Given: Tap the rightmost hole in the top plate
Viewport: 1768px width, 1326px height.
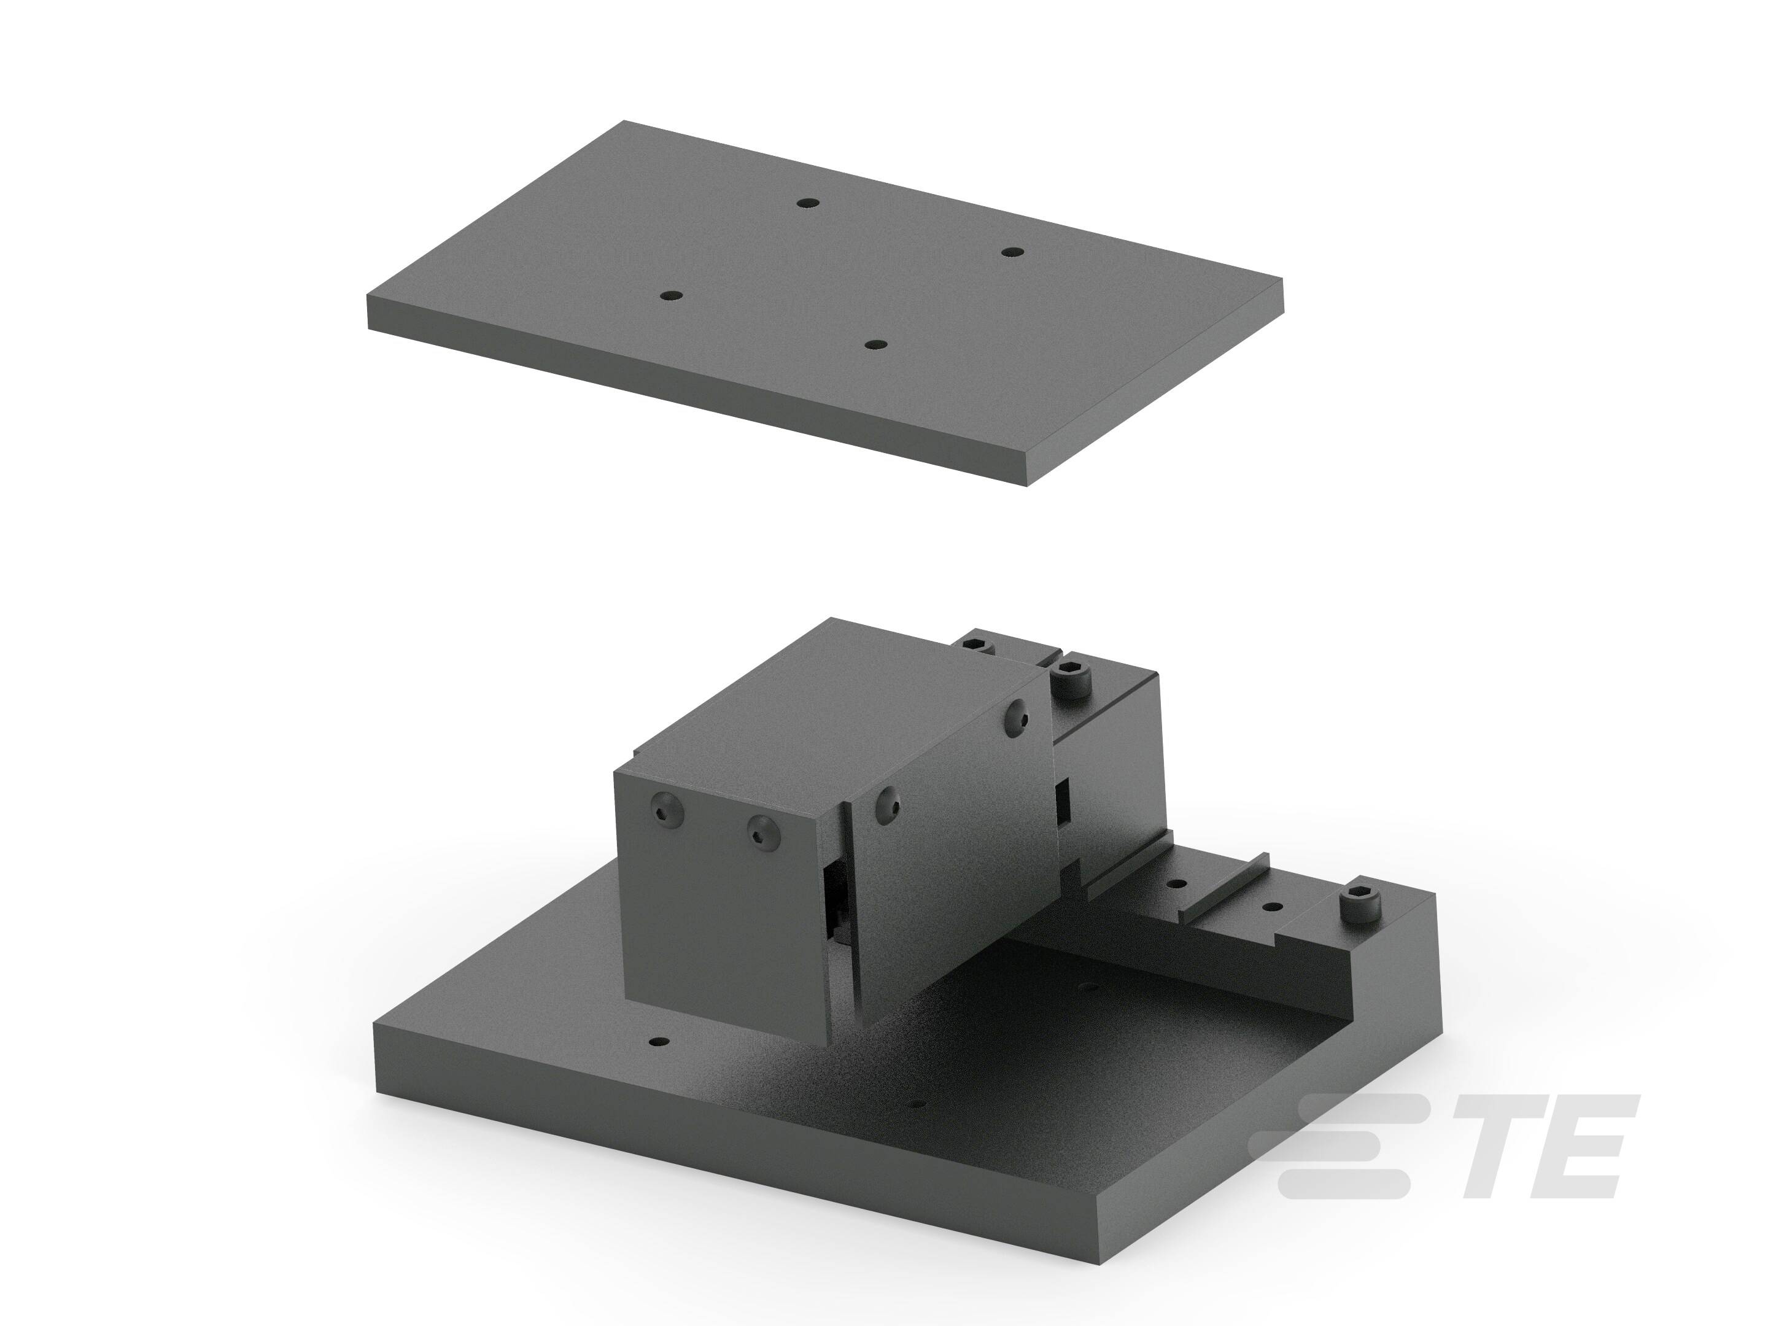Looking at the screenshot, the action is tap(1013, 252).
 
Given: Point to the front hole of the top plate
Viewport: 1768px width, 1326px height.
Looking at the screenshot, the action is tap(876, 344).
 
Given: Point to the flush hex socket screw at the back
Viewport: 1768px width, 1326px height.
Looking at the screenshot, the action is tap(976, 644).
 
